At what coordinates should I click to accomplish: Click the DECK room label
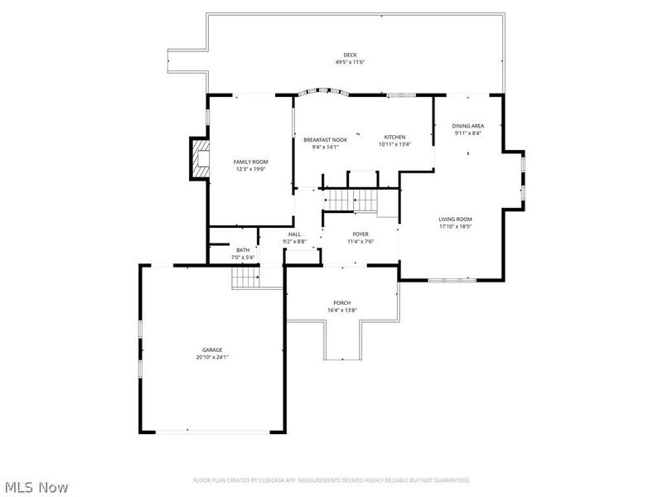pyautogui.click(x=351, y=55)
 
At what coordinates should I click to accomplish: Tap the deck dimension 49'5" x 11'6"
pyautogui.click(x=351, y=62)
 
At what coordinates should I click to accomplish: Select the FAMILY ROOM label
pyautogui.click(x=250, y=162)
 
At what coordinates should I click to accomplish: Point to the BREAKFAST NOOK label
pyautogui.click(x=325, y=140)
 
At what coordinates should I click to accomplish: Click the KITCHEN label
pyautogui.click(x=394, y=137)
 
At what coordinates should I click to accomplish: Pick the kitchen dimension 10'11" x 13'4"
pyautogui.click(x=394, y=144)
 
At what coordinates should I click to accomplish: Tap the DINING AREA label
pyautogui.click(x=468, y=126)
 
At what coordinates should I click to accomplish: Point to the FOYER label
pyautogui.click(x=361, y=234)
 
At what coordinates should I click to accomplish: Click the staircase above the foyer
pyautogui.click(x=350, y=200)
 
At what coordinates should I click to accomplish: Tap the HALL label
pyautogui.click(x=294, y=234)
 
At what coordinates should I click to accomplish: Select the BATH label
pyautogui.click(x=243, y=249)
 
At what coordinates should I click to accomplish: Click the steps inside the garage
pyautogui.click(x=245, y=277)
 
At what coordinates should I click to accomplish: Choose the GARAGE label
pyautogui.click(x=212, y=350)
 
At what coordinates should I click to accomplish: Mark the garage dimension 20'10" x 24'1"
pyautogui.click(x=212, y=357)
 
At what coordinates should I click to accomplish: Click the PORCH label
pyautogui.click(x=342, y=302)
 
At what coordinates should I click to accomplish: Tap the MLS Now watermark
pyautogui.click(x=36, y=487)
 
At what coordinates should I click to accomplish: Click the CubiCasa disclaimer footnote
pyautogui.click(x=331, y=480)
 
